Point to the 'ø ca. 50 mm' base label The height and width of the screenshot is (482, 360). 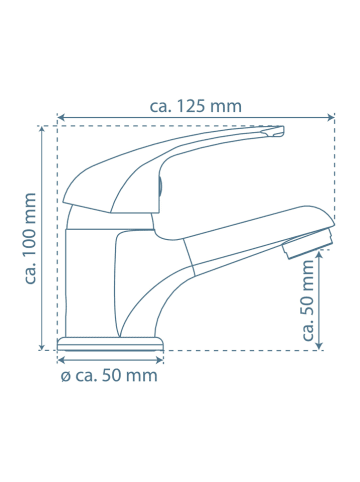tap(109, 376)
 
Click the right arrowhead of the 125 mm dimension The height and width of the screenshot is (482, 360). tap(332, 118)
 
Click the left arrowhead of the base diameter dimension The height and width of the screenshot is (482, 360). tap(61, 361)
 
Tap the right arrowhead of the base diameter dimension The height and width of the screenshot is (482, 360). tap(160, 361)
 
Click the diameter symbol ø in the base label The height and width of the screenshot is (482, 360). tap(65, 376)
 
